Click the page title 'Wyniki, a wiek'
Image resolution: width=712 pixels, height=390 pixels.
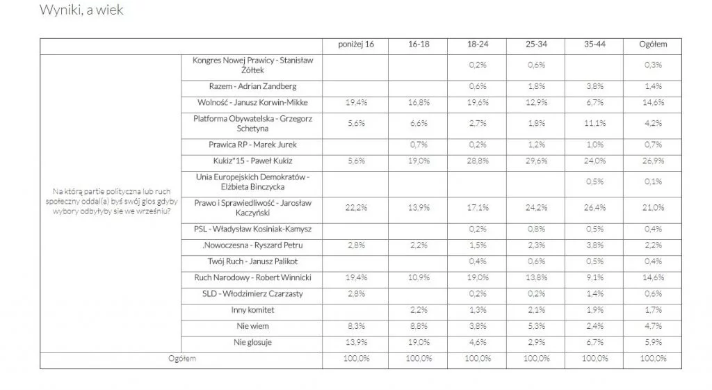coord(82,10)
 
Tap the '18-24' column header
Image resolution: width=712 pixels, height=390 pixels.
coord(478,45)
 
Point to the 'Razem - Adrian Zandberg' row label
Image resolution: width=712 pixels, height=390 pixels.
coord(252,86)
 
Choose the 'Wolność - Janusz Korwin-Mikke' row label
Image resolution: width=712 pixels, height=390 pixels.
coord(252,102)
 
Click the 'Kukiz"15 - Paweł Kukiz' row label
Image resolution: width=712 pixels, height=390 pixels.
coord(252,161)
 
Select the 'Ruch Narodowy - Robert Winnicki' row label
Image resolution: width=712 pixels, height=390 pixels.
coord(252,278)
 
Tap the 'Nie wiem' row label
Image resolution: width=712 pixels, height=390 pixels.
coord(252,325)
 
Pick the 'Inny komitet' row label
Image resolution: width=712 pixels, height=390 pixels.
coord(252,309)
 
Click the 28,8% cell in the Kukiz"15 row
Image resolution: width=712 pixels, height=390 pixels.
coord(478,161)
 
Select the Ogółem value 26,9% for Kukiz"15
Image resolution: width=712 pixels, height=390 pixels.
coord(653,161)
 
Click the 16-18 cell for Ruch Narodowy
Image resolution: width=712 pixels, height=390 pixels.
coord(419,278)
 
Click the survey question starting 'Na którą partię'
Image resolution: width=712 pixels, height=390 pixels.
coord(111,202)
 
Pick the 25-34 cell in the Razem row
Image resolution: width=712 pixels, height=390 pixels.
coord(536,86)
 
